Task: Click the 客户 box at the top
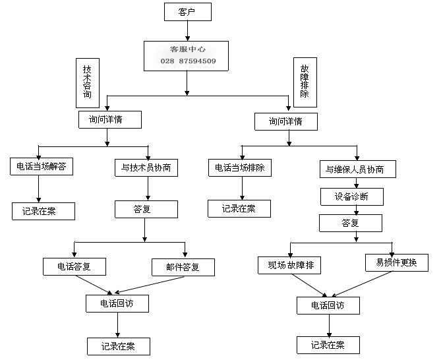click(x=187, y=11)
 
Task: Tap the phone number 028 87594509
click(x=188, y=61)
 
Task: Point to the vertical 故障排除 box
click(x=305, y=82)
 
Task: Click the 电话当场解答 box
click(x=41, y=167)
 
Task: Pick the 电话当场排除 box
click(x=240, y=167)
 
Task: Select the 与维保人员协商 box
click(x=358, y=169)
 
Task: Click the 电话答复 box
click(x=74, y=266)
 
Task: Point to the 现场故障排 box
click(x=291, y=266)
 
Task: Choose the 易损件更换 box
click(x=396, y=262)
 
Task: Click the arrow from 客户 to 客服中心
click(x=187, y=30)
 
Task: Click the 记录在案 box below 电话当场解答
click(x=43, y=211)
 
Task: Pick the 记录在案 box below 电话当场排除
click(x=239, y=208)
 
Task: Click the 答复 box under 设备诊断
click(x=351, y=223)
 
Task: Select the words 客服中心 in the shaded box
click(x=187, y=49)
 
